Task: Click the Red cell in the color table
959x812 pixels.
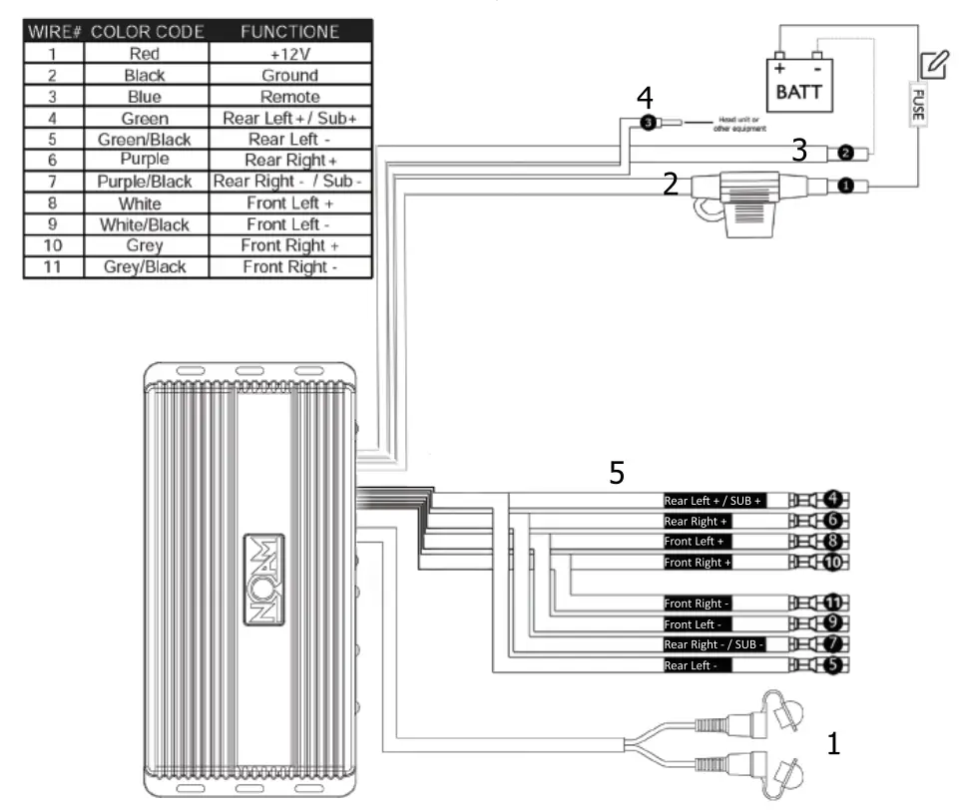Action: point(145,54)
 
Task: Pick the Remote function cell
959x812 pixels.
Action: point(290,97)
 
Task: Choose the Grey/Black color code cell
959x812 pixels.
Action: point(145,267)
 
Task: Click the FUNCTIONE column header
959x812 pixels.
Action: point(290,32)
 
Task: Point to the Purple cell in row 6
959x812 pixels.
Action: point(145,160)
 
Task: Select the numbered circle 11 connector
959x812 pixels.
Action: point(835,603)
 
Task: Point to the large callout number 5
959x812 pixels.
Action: point(617,473)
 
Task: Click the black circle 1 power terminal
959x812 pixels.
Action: point(846,186)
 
